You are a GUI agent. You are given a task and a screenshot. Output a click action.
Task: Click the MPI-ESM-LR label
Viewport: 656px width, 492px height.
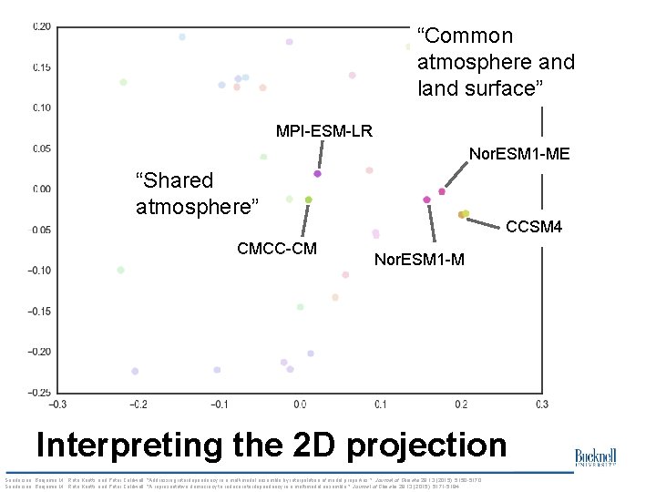tap(323, 130)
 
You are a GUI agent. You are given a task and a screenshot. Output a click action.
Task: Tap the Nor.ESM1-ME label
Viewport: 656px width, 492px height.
tap(518, 154)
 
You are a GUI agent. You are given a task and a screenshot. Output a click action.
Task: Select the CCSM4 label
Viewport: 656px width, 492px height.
tap(534, 226)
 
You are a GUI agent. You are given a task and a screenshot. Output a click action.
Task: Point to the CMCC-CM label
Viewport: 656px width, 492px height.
tap(277, 248)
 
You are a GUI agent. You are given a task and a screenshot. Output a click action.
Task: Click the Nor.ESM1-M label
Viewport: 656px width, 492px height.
tap(419, 260)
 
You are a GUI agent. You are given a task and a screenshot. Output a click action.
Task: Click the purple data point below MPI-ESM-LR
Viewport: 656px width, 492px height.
tap(317, 173)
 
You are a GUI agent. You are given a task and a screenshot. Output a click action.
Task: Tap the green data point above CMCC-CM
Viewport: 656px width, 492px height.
tap(309, 199)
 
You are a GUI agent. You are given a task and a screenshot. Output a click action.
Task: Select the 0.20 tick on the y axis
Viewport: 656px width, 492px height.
tap(42, 26)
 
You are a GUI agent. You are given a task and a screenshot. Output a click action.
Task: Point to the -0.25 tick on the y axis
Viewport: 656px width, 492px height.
tap(39, 393)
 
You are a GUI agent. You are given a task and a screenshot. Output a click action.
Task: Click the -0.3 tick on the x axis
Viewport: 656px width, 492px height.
tap(57, 405)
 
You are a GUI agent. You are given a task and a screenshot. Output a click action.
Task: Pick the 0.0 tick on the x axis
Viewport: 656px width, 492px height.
tap(300, 405)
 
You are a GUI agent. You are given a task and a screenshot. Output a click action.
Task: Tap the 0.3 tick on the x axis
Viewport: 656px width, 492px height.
tap(541, 405)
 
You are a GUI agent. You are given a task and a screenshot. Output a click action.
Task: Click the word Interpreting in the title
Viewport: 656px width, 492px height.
tap(127, 446)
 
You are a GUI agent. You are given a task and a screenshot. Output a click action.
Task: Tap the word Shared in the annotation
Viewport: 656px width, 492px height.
tap(174, 180)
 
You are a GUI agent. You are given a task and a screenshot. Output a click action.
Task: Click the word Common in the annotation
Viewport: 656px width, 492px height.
tap(465, 36)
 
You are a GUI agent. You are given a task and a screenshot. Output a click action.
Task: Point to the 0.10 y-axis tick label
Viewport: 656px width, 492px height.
tap(42, 108)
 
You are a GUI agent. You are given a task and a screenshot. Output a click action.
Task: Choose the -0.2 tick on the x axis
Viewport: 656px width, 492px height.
tap(138, 405)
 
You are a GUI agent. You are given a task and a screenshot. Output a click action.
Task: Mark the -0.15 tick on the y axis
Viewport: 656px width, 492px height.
tap(39, 311)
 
